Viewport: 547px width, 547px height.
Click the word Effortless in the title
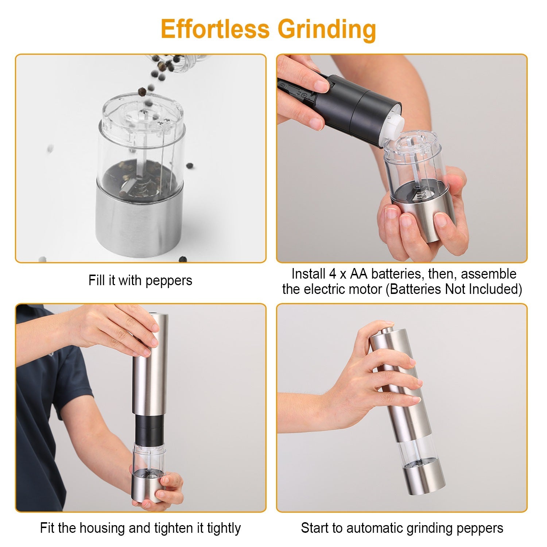coord(216,29)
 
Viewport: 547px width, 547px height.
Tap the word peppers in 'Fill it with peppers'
coord(168,281)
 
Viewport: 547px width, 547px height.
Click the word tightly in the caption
coord(224,528)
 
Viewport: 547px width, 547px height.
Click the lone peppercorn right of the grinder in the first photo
coord(190,166)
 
